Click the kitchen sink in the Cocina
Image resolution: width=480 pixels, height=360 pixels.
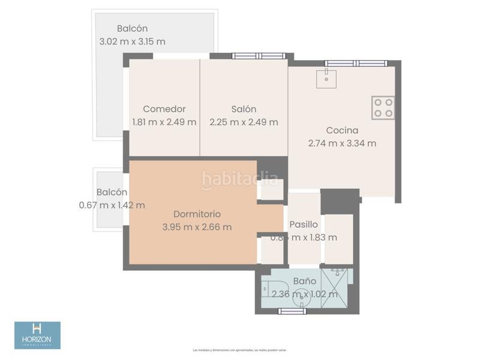(x=326, y=78)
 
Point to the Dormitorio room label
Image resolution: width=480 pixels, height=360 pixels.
(x=197, y=214)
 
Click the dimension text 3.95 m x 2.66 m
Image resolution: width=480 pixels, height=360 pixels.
(x=197, y=227)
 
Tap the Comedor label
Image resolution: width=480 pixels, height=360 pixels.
(x=164, y=109)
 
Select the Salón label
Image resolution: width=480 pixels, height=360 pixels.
(x=244, y=109)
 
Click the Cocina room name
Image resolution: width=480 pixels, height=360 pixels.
(x=342, y=130)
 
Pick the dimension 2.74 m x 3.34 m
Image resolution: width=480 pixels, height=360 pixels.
(x=342, y=143)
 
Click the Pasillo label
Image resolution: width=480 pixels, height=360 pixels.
(x=304, y=224)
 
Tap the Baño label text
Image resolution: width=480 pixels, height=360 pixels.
(x=305, y=280)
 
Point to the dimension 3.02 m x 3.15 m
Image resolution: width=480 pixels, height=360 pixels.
(x=132, y=41)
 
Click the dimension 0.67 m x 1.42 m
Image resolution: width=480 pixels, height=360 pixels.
(x=112, y=205)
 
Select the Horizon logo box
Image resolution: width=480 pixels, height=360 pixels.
(x=37, y=335)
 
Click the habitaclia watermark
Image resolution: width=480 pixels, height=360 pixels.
(x=240, y=178)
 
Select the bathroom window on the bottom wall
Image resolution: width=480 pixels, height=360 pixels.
(x=296, y=310)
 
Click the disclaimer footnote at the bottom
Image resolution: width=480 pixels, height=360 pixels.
(x=240, y=350)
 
